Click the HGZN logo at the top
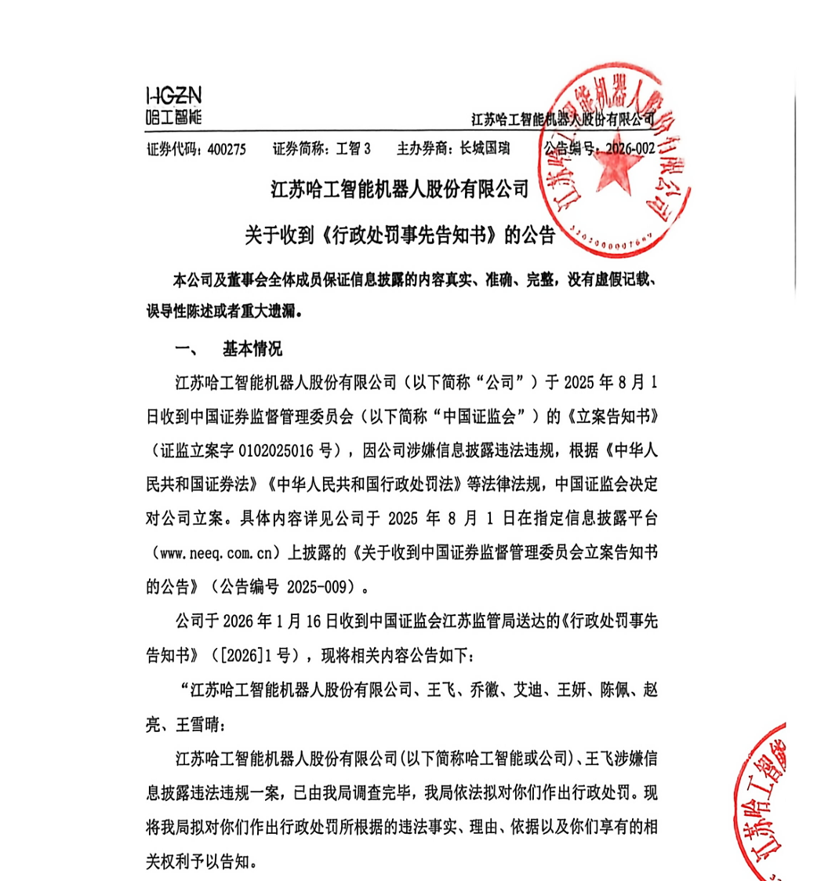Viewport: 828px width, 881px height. pyautogui.click(x=174, y=107)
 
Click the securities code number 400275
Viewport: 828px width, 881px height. pyautogui.click(x=227, y=149)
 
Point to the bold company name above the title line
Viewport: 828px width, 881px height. pyautogui.click(x=400, y=189)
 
